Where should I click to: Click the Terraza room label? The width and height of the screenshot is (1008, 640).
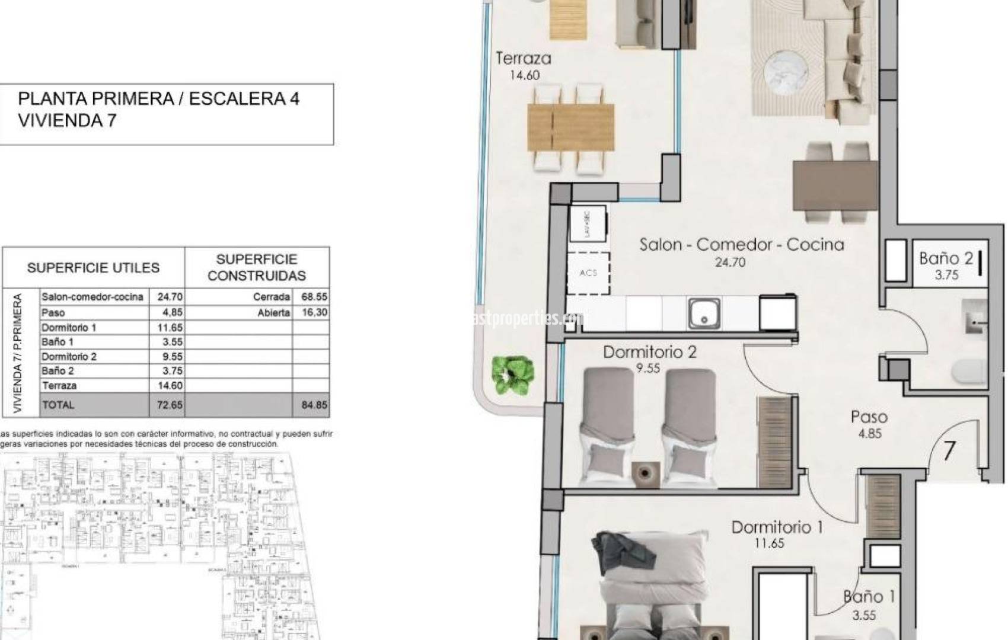[x=523, y=59]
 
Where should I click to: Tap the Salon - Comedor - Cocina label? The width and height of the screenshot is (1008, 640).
[x=741, y=245]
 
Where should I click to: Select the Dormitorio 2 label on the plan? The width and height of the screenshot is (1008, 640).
[x=649, y=352]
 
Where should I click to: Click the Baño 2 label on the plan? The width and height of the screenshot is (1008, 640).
[x=946, y=258]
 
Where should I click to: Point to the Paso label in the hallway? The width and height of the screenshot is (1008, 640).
[x=869, y=417]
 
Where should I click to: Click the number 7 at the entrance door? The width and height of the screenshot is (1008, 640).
[x=949, y=452]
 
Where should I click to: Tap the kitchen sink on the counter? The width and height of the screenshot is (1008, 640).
[x=704, y=313]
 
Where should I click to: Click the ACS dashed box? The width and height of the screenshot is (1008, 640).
[x=588, y=273]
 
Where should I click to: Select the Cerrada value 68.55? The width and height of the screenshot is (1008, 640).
[x=314, y=297]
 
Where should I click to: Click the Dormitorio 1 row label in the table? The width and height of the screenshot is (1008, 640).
[x=69, y=327]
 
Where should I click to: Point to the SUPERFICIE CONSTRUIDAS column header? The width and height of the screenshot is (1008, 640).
[x=257, y=267]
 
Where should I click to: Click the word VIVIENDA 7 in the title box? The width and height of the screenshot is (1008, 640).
[x=67, y=121]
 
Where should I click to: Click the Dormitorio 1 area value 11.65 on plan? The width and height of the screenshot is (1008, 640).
[x=769, y=543]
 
